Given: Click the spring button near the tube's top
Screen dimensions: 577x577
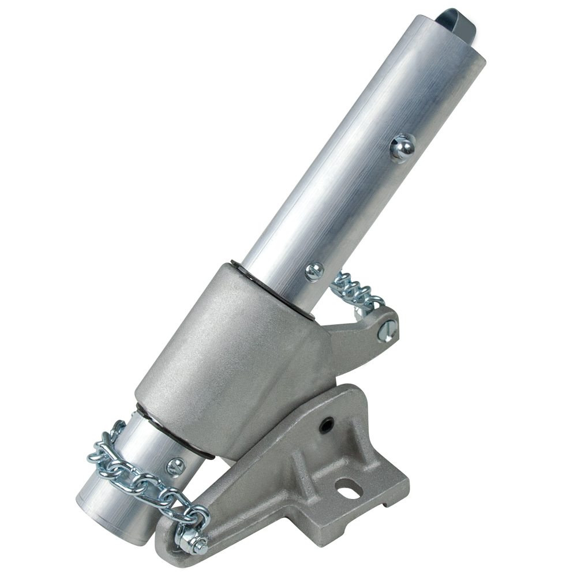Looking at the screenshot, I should (402, 148).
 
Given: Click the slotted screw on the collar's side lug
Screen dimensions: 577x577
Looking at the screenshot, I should (387, 331).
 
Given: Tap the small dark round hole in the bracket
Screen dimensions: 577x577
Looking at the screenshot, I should (326, 426).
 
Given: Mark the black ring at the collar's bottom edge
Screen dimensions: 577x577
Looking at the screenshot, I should (173, 433).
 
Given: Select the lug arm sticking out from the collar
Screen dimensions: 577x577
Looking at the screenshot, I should (364, 340).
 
